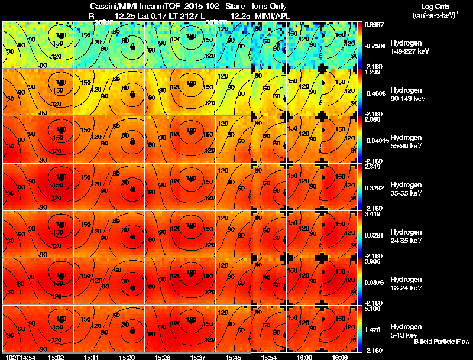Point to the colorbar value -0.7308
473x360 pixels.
pyautogui.click(x=374, y=45)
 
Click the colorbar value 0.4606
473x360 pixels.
pyautogui.click(x=374, y=93)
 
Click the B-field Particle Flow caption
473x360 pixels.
pyautogui.click(x=442, y=342)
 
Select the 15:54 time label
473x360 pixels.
pyautogui.click(x=269, y=357)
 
